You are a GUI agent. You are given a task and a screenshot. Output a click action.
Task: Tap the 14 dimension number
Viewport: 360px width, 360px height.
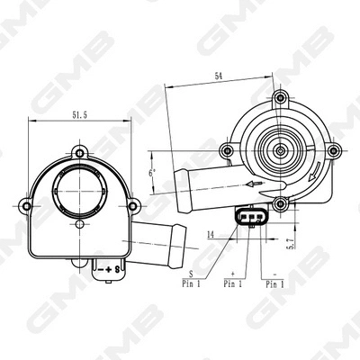(209, 233)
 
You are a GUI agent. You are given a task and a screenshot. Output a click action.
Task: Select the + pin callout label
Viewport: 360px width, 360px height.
(232, 274)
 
